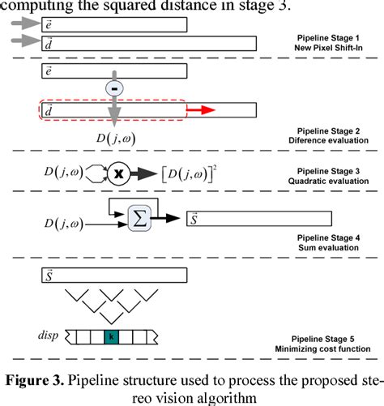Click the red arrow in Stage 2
203,109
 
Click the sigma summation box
139,216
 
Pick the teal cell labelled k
109,335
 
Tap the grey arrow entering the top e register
24,24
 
